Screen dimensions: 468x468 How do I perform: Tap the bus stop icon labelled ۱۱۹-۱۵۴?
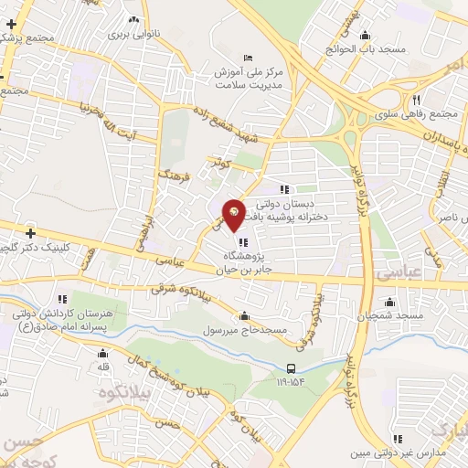pyautogui.click(x=291, y=369)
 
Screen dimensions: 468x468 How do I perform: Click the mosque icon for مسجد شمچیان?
pyautogui.click(x=390, y=302)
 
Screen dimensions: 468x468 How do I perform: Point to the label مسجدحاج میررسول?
pyautogui.click(x=249, y=328)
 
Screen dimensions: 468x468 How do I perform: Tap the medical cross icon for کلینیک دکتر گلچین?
pyautogui.click(x=29, y=233)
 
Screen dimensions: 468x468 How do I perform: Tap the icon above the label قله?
pyautogui.click(x=103, y=352)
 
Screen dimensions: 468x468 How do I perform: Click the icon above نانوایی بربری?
pyautogui.click(x=134, y=18)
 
